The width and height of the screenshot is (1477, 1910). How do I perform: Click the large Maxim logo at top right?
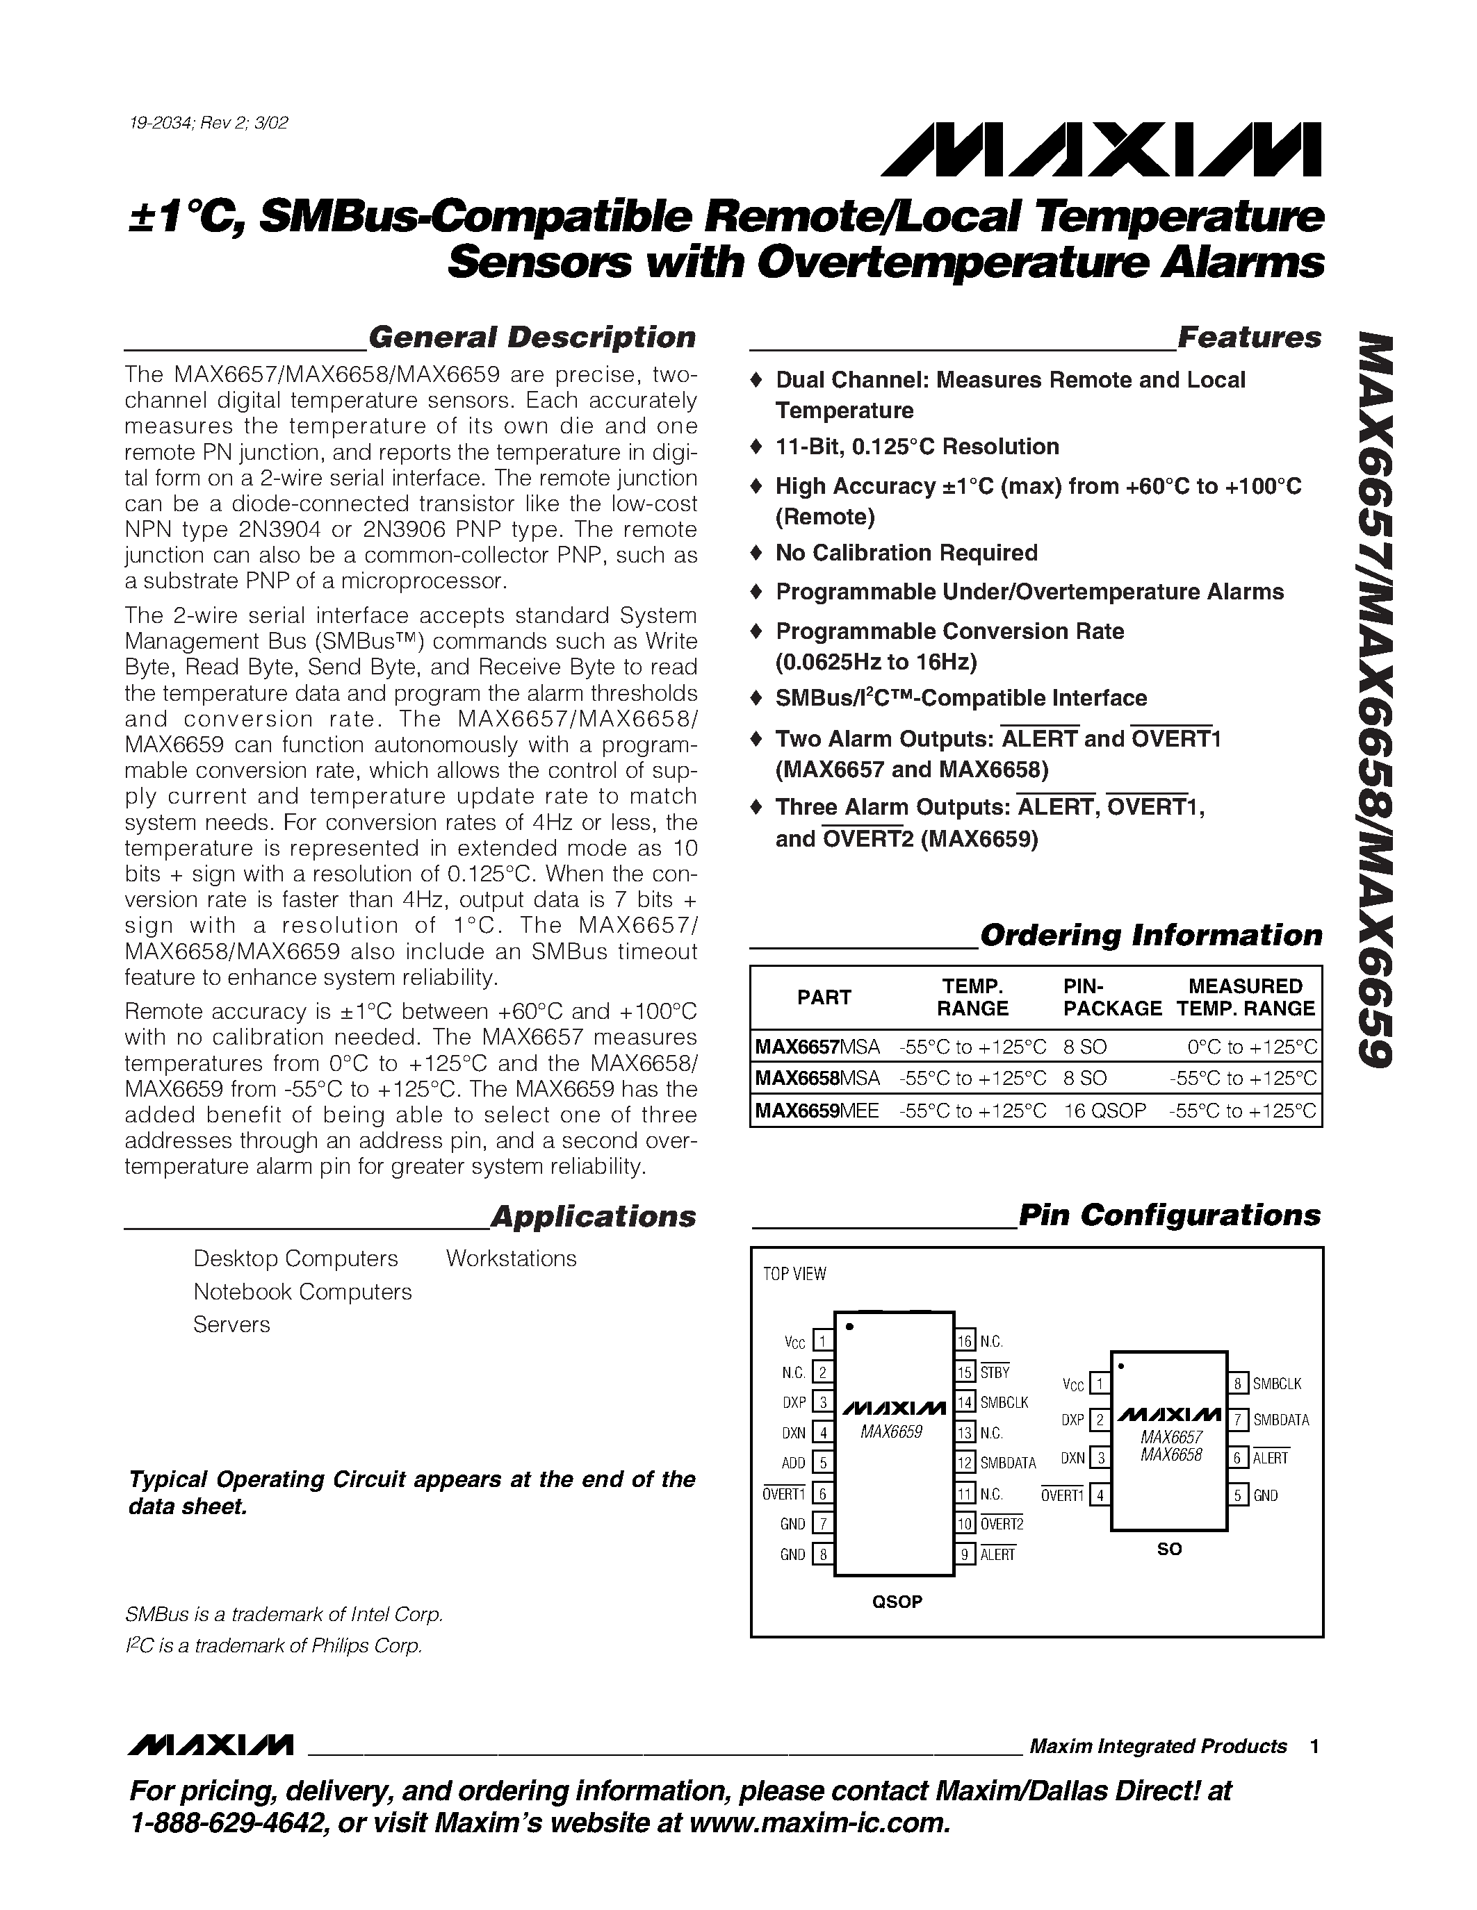click(1101, 151)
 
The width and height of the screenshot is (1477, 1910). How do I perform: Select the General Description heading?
click(531, 338)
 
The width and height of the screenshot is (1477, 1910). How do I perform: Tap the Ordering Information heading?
click(1150, 935)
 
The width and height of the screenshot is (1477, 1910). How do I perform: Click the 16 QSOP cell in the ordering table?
click(1104, 1111)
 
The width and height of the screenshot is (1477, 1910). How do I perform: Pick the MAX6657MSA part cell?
click(817, 1047)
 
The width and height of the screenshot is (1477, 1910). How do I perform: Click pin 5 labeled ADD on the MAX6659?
click(822, 1462)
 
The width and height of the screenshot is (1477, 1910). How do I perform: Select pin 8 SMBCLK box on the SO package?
click(1238, 1384)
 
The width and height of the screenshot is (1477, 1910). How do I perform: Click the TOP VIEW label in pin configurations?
click(794, 1274)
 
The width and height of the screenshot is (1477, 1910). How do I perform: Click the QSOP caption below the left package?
click(897, 1602)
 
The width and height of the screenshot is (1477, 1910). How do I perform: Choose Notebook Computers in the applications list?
click(302, 1292)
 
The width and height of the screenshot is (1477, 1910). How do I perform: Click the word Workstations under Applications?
click(511, 1259)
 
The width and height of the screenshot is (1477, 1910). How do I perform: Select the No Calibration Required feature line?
click(906, 553)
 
